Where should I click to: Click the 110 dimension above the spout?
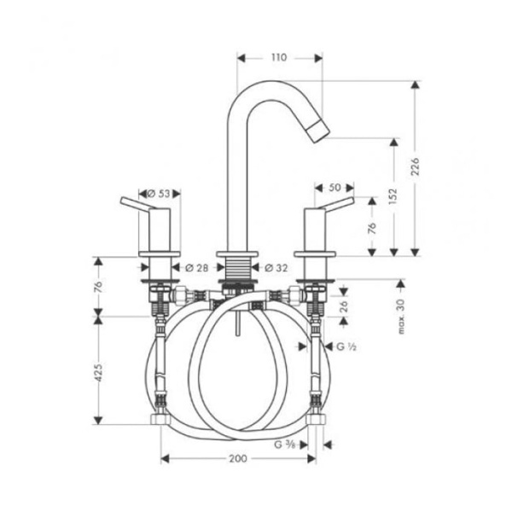coord(279,58)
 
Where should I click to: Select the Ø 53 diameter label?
coord(159,193)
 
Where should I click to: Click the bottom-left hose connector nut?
coord(159,419)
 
